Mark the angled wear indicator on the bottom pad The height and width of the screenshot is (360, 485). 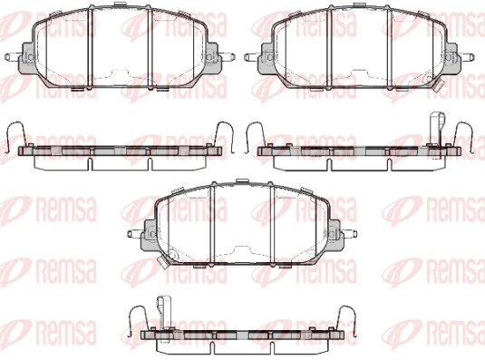pyautogui.click(x=160, y=265)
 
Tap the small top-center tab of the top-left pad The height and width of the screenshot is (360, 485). pyautogui.click(x=122, y=9)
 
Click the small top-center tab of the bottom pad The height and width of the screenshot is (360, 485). pyautogui.click(x=243, y=184)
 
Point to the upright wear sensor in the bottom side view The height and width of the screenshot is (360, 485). pyautogui.click(x=163, y=310)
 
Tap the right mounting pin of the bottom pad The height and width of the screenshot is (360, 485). pyautogui.click(x=354, y=237)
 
